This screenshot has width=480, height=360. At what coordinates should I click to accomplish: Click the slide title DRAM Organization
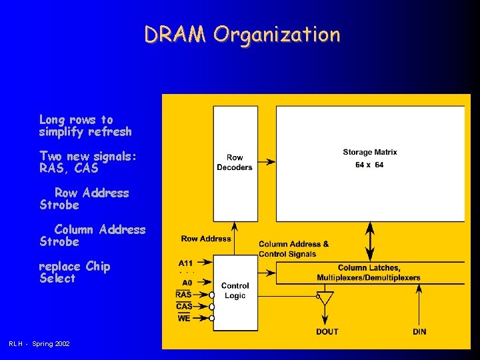(x=242, y=35)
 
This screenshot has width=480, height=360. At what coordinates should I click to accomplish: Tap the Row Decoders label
(x=235, y=163)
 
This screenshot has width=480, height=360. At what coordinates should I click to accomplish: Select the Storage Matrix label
(x=370, y=153)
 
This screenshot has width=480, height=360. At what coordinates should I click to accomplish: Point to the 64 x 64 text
(x=369, y=165)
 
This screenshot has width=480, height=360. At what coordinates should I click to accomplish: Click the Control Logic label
(x=235, y=291)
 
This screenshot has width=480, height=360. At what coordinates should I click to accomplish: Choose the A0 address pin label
(x=187, y=282)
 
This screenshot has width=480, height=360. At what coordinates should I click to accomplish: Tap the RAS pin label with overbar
(x=184, y=294)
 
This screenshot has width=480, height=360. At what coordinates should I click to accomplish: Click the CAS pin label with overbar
(x=184, y=306)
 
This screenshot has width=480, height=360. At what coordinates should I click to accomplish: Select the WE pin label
(x=184, y=318)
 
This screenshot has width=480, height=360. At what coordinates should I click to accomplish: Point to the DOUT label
(x=327, y=331)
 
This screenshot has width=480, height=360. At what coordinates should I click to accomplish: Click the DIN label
(x=419, y=331)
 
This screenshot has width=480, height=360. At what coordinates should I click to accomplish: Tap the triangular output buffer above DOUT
(x=325, y=299)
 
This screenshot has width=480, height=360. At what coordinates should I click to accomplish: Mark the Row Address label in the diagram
(x=206, y=239)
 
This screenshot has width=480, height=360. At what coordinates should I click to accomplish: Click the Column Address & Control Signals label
(x=293, y=249)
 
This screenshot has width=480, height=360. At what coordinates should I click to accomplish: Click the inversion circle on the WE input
(x=212, y=319)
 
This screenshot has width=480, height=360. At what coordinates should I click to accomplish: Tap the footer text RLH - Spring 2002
(x=39, y=343)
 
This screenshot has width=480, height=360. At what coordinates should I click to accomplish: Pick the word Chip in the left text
(x=97, y=266)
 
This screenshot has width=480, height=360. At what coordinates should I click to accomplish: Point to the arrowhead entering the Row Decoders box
(x=271, y=162)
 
